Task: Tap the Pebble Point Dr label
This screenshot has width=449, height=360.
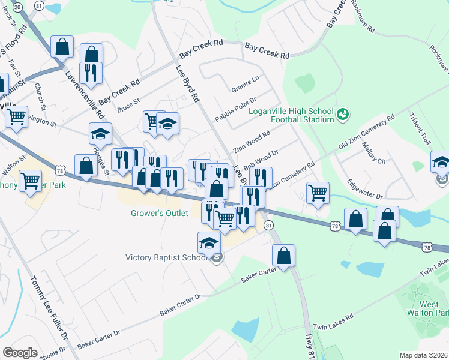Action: (236, 109)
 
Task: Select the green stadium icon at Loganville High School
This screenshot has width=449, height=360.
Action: (343, 113)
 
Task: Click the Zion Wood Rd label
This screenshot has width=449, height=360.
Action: (252, 143)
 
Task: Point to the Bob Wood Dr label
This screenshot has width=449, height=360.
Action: (262, 161)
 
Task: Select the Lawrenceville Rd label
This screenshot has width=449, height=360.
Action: (85, 95)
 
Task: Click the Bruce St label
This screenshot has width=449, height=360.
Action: (128, 105)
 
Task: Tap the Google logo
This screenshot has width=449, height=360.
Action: (20, 352)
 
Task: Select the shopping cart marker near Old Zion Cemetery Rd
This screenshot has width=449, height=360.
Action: (318, 193)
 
